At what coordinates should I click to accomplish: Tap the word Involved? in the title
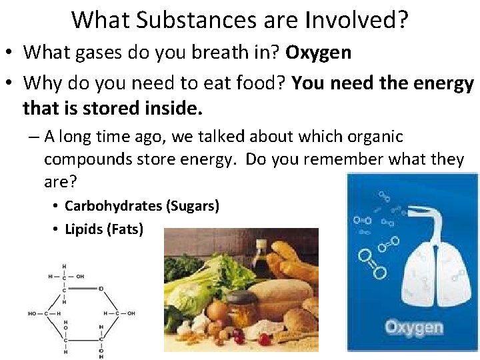click(x=357, y=20)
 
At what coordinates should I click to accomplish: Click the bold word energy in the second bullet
click(x=443, y=83)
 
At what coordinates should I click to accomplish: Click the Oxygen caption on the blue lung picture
click(x=413, y=327)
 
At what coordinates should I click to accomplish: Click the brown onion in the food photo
click(x=216, y=310)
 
